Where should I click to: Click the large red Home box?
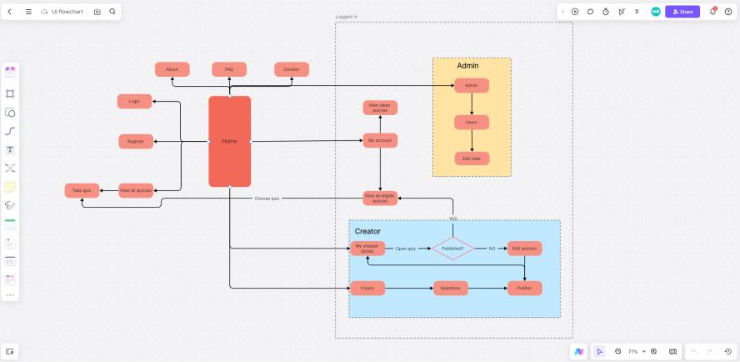tap(229, 141)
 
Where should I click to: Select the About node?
tap(172, 69)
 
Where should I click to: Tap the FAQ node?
tap(229, 69)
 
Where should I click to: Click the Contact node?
tap(292, 69)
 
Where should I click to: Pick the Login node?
tap(134, 101)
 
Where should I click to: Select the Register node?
tap(136, 141)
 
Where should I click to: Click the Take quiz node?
tap(82, 190)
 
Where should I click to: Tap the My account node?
tap(380, 140)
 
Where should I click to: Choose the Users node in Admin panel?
tap(472, 122)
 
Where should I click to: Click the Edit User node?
tap(472, 158)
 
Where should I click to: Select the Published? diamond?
tap(452, 248)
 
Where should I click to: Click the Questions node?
tap(450, 288)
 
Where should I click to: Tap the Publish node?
tap(524, 288)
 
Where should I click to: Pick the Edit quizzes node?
tap(524, 248)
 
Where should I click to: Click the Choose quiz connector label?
tap(267, 199)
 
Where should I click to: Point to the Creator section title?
tap(367, 231)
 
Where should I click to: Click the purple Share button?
tap(682, 12)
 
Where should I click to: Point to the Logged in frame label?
tap(347, 17)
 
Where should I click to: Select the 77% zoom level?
tap(633, 351)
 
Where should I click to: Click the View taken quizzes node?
tap(380, 107)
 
